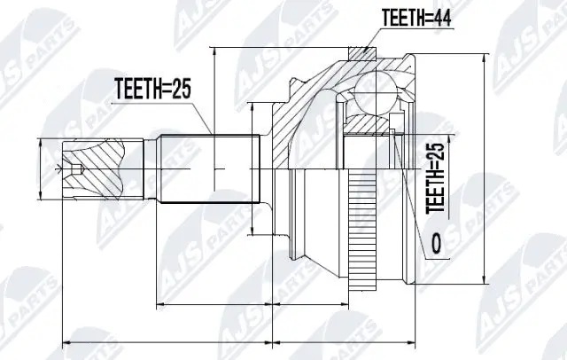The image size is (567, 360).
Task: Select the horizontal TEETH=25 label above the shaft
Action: (x=152, y=88)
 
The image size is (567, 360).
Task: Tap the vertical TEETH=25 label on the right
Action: (x=434, y=178)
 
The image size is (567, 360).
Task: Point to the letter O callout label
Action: (x=434, y=242)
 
